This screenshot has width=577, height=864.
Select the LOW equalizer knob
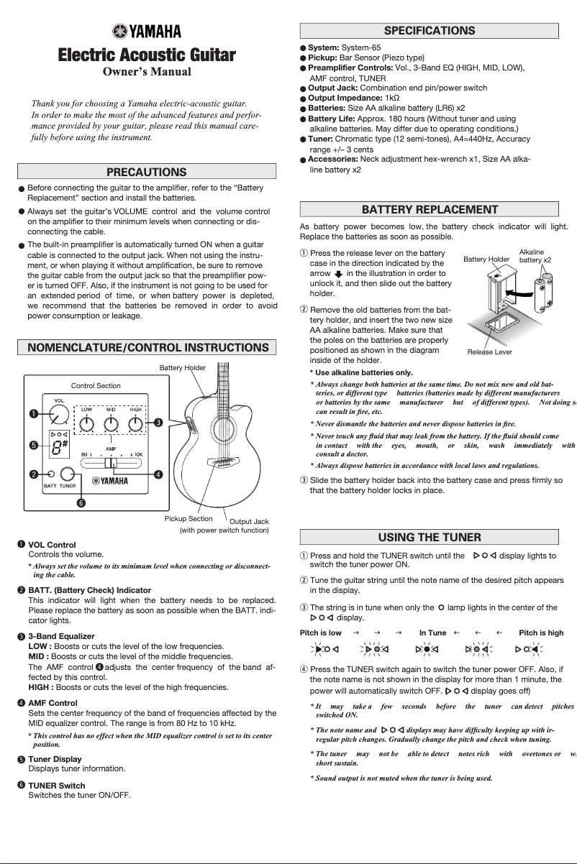click(x=86, y=423)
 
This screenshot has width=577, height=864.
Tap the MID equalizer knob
click(x=111, y=423)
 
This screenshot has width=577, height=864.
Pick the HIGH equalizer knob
click(x=135, y=423)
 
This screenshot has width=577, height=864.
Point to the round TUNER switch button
click(x=68, y=474)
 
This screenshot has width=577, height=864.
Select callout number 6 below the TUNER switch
click(x=81, y=502)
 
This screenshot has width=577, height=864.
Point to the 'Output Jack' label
click(x=248, y=521)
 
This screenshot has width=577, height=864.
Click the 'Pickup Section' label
click(x=188, y=518)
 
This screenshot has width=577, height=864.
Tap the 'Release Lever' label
click(x=489, y=352)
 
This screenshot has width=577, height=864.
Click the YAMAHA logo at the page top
click(x=146, y=30)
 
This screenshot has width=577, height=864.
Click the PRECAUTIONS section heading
click(x=146, y=172)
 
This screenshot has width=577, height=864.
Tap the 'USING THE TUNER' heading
click(x=429, y=537)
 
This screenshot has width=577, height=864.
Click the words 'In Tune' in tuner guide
click(x=432, y=633)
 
